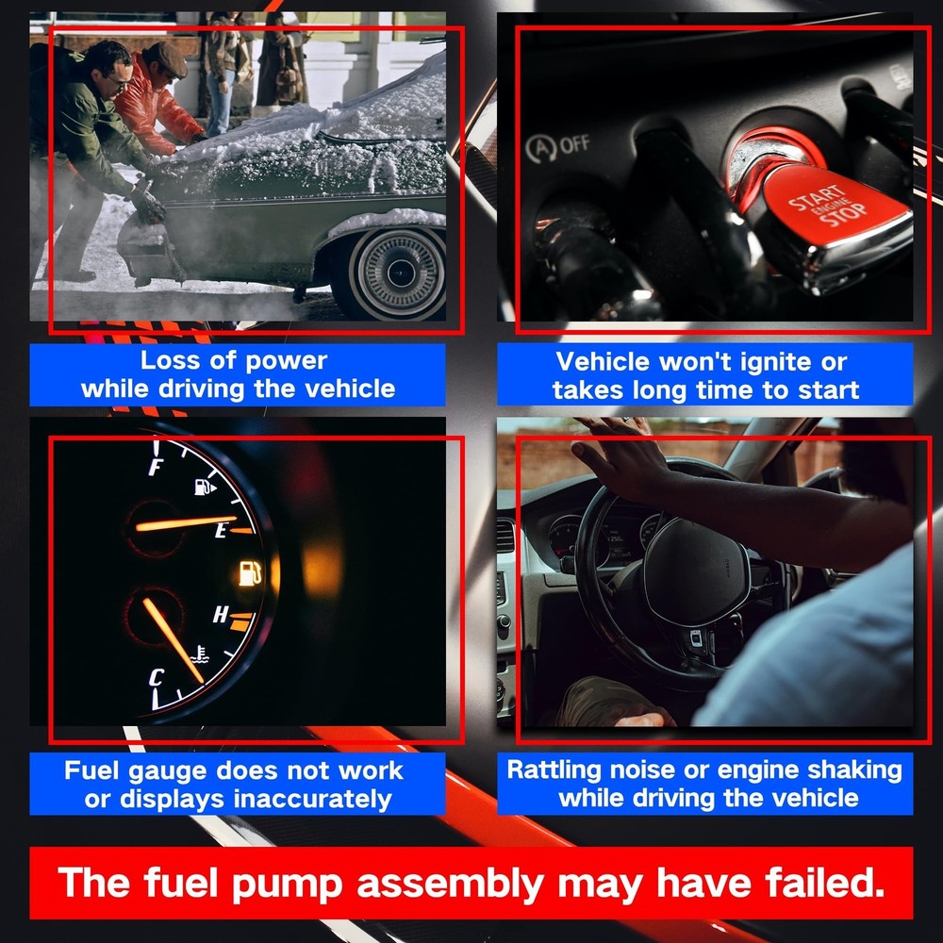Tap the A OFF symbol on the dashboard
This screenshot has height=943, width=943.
558,146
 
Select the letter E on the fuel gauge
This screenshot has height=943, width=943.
222,531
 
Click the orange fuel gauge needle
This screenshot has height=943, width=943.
184,522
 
